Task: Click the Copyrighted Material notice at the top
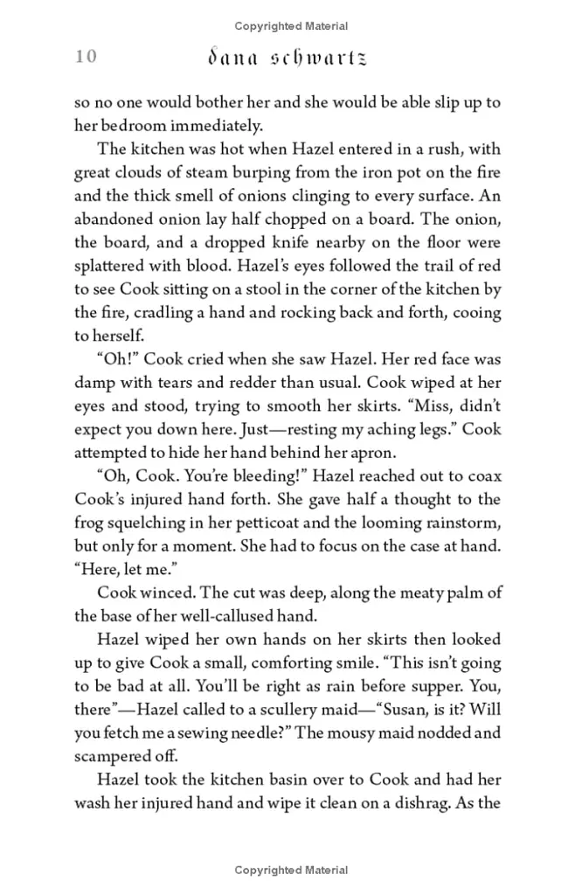[x=291, y=25]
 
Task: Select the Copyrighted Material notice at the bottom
[x=291, y=870]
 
